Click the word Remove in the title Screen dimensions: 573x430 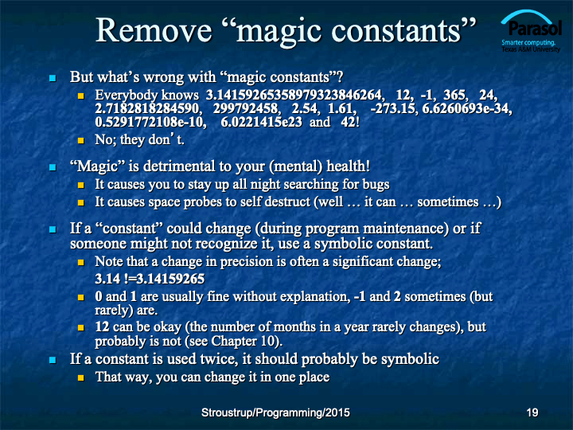[154, 30]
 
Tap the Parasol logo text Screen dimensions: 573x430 [535, 28]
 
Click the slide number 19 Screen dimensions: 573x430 [532, 412]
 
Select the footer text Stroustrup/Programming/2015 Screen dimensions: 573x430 [275, 412]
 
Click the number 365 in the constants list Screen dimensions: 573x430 [455, 95]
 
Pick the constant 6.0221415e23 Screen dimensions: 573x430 [261, 122]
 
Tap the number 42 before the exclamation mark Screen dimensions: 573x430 [349, 122]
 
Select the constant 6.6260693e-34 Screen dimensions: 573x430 [466, 108]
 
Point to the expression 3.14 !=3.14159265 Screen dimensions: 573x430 [150, 279]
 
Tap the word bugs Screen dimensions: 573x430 [376, 185]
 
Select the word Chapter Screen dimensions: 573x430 [234, 341]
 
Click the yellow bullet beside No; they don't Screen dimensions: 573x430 [80, 140]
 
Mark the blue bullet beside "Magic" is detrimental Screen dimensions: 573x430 [53, 167]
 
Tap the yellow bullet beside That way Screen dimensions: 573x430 [80, 377]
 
